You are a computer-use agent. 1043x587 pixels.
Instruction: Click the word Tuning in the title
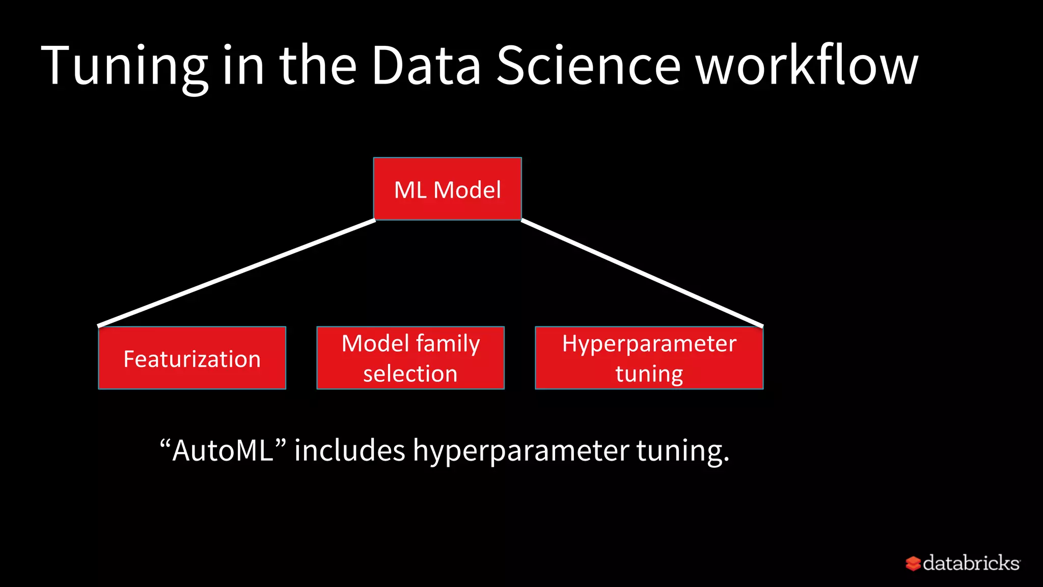tap(124, 66)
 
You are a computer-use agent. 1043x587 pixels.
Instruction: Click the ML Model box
tap(447, 189)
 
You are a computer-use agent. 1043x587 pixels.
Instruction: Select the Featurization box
tap(192, 358)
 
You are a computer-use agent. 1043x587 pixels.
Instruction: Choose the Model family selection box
tap(410, 358)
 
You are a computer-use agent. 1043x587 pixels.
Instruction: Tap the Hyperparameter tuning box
tap(649, 358)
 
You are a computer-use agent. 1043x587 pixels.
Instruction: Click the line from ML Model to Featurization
tap(237, 273)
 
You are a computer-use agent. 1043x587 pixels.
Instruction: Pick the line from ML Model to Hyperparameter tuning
tap(642, 273)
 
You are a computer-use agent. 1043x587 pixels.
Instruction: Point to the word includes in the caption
tap(349, 450)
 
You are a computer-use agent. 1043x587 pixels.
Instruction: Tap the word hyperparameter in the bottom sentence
tap(520, 451)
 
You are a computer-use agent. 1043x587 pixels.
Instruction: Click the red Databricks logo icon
tap(913, 564)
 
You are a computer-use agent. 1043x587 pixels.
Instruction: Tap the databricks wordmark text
tap(971, 563)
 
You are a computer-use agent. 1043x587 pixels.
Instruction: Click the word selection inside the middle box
tap(410, 374)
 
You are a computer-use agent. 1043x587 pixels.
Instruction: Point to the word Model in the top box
tap(467, 190)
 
